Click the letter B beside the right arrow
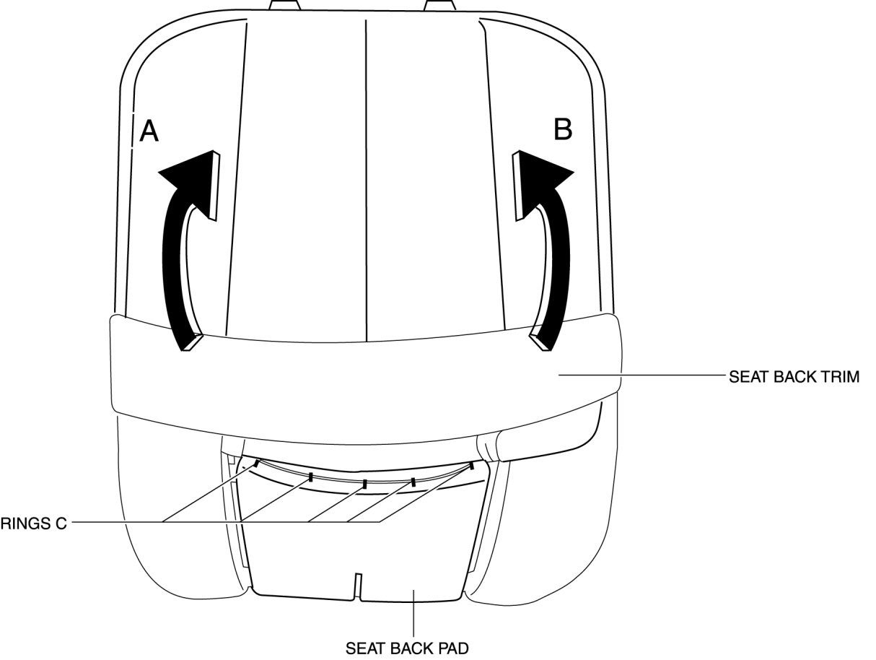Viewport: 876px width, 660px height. [x=562, y=129]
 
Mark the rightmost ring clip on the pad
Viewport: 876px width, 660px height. [x=471, y=465]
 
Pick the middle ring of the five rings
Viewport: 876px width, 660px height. [x=365, y=483]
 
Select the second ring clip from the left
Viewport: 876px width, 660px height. [x=310, y=477]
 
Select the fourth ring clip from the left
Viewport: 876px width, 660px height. [x=413, y=480]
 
